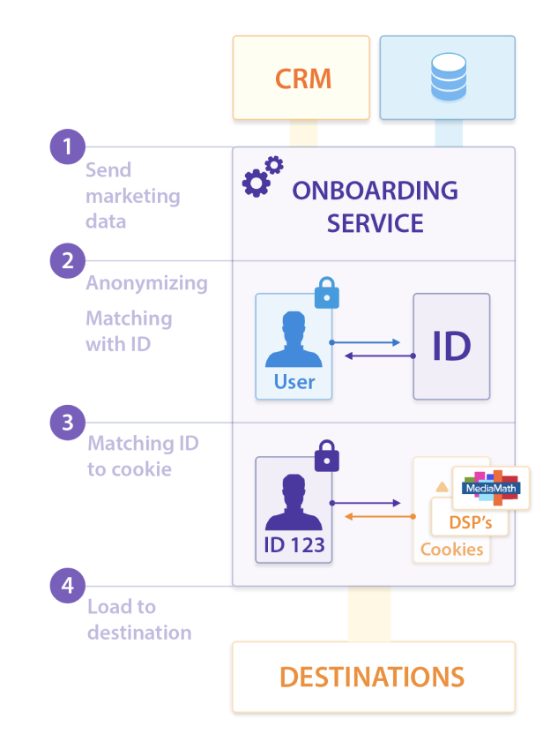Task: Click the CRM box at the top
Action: click(301, 78)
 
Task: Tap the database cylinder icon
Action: click(447, 78)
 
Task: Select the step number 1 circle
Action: click(67, 146)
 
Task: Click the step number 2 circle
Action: click(67, 261)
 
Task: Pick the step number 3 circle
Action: click(67, 422)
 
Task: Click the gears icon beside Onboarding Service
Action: click(262, 176)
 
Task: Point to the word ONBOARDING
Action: click(375, 191)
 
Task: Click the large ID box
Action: click(451, 347)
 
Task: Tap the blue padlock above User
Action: click(326, 295)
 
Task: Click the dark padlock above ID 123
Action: click(326, 456)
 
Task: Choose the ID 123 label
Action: click(294, 544)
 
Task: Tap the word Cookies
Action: click(451, 549)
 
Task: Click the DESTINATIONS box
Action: click(373, 677)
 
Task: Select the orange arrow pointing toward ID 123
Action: click(373, 516)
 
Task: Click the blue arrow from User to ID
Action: click(365, 342)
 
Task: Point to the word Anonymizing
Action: click(146, 283)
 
